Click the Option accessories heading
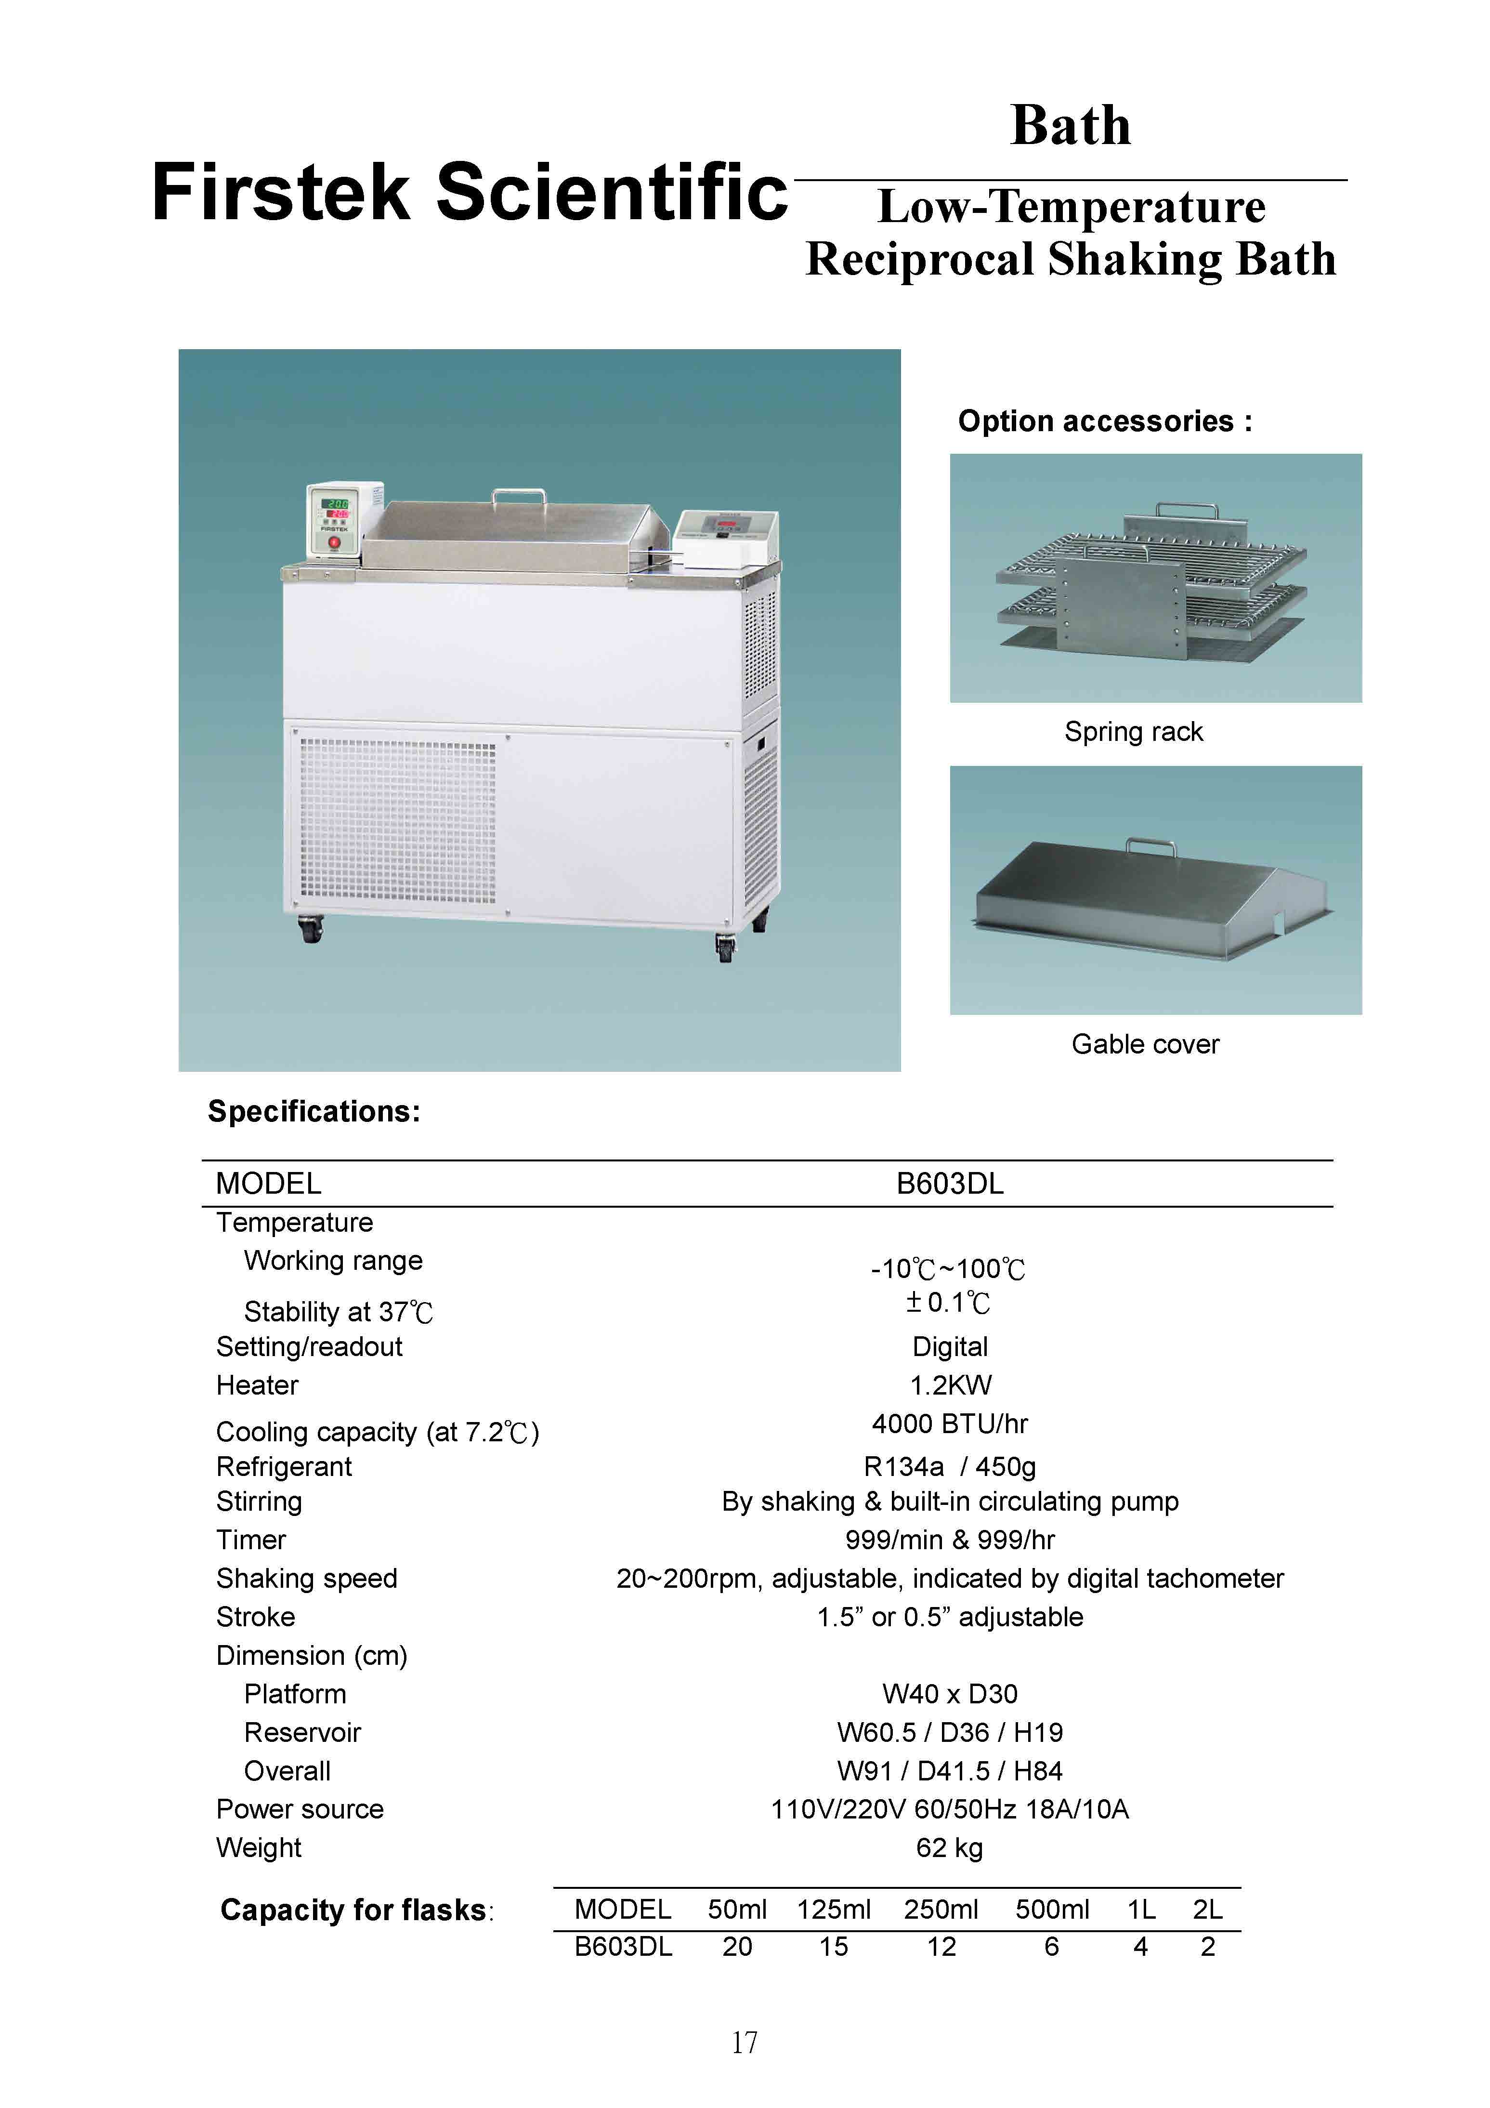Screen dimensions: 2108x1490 pyautogui.click(x=1104, y=422)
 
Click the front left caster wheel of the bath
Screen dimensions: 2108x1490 pyautogui.click(x=311, y=933)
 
